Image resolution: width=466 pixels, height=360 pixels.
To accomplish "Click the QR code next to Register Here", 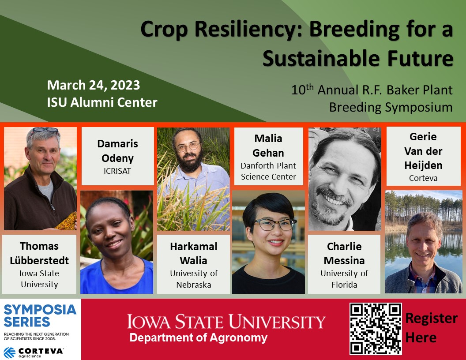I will pyautogui.click(x=376, y=329).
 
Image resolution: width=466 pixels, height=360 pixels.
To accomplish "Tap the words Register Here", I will pyautogui.click(x=431, y=328).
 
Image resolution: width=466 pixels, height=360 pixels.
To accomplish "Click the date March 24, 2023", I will pyautogui.click(x=94, y=85).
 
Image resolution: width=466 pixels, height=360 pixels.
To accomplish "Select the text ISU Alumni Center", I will pyautogui.click(x=102, y=102).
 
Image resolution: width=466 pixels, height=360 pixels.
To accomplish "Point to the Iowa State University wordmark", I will pyautogui.click(x=226, y=322).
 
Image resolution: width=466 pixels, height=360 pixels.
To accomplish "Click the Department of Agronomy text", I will pyautogui.click(x=198, y=338).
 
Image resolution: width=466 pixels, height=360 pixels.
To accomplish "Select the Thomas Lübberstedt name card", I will pyautogui.click(x=39, y=264).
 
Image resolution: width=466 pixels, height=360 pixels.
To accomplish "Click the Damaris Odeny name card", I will pyautogui.click(x=117, y=156).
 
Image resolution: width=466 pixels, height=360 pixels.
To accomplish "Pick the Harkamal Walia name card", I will pyautogui.click(x=194, y=264).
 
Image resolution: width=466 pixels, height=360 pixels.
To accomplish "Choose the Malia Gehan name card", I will pyautogui.click(x=268, y=156).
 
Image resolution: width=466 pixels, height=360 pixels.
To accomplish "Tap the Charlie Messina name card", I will pyautogui.click(x=344, y=264).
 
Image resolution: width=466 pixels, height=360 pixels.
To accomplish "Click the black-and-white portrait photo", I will pyautogui.click(x=345, y=179).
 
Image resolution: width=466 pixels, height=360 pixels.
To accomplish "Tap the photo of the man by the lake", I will pyautogui.click(x=423, y=242).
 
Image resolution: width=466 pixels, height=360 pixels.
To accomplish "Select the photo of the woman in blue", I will pyautogui.click(x=117, y=242).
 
